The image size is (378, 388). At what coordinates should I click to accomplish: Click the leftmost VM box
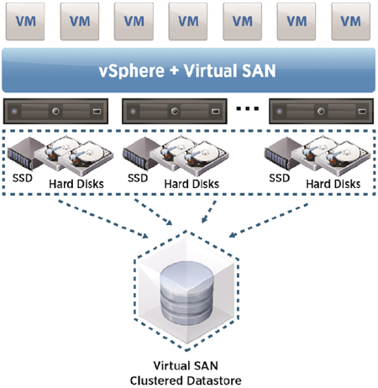pos(25,22)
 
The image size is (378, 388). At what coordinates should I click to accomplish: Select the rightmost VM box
pos(351,22)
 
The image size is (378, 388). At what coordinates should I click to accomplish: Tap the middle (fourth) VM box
pos(188,22)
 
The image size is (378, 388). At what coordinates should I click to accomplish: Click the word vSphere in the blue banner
pos(132,71)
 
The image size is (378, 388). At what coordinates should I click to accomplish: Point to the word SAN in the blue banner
pos(259,71)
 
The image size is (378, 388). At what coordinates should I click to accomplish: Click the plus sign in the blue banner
pos(174,71)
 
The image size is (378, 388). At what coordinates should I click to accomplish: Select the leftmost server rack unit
pos(55,111)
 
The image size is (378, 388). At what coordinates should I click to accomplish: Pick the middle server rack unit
pos(175,111)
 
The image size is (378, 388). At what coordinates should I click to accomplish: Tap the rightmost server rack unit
pos(321,111)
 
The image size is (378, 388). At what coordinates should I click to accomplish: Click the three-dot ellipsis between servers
pos(248,108)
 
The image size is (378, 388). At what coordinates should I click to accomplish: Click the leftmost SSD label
pos(23,178)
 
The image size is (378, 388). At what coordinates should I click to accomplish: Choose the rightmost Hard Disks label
pos(333,184)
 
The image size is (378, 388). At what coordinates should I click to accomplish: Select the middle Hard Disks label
pos(192,184)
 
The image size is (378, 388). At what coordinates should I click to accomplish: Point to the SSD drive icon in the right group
pos(283,154)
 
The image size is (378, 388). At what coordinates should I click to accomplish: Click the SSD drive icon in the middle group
pos(141,154)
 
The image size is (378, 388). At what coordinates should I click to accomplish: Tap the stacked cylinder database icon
pos(187,293)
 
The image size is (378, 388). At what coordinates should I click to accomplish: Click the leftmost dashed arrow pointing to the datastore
pos(103,219)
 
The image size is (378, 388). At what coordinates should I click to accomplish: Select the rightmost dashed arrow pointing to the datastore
pos(269,221)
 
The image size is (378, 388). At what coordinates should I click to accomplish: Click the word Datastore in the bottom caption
pos(214,380)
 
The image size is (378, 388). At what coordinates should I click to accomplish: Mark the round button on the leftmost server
pos(55,111)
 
